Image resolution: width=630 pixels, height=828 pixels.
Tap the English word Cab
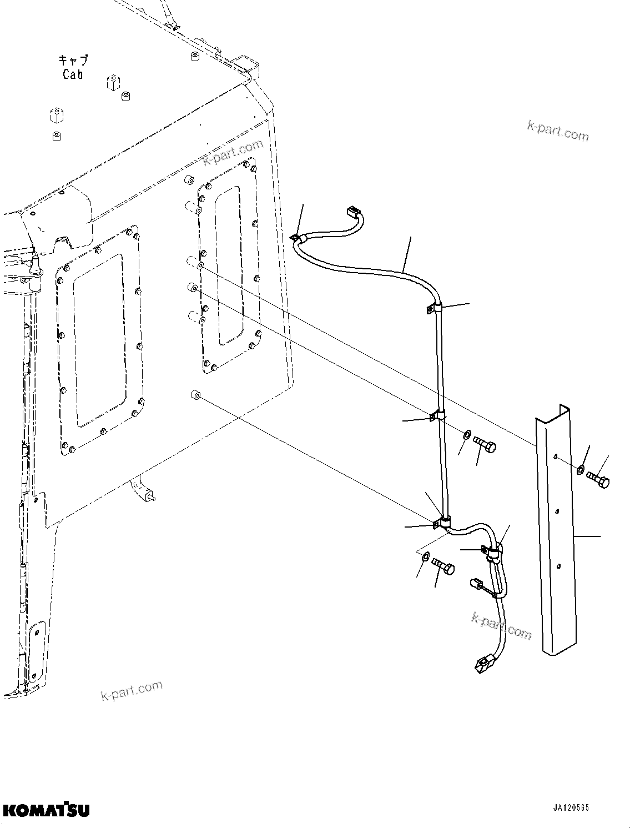tap(73, 75)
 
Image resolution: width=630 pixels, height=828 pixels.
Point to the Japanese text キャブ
tap(73, 60)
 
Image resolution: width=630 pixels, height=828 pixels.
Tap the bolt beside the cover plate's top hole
tap(598, 479)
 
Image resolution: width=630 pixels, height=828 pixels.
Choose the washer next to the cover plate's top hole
tap(579, 469)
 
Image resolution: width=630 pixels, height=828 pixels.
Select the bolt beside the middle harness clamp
tap(485, 444)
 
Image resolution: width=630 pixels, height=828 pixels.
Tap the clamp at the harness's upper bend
tap(434, 307)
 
